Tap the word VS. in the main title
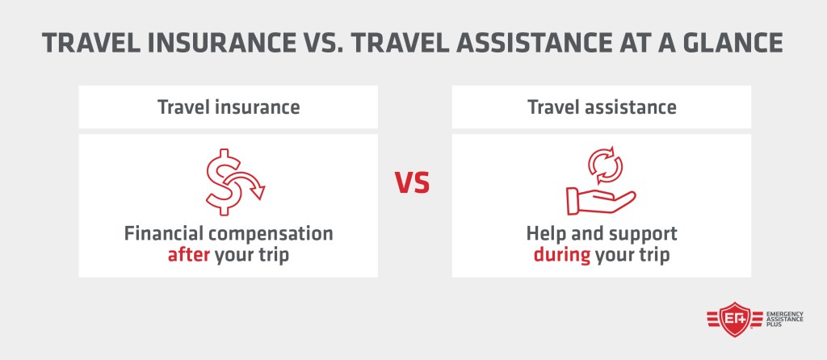pos(321,43)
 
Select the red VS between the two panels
pos(413,183)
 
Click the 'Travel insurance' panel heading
pos(229,107)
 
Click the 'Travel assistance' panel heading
pos(602,107)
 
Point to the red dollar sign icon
pos(225,182)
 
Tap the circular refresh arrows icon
pos(605,165)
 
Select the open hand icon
pos(601,201)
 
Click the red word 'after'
pos(189,255)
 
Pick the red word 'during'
pos(562,255)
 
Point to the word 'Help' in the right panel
pos(544,233)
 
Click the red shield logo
pos(735,320)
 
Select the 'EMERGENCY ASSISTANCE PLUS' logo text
pos(784,319)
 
